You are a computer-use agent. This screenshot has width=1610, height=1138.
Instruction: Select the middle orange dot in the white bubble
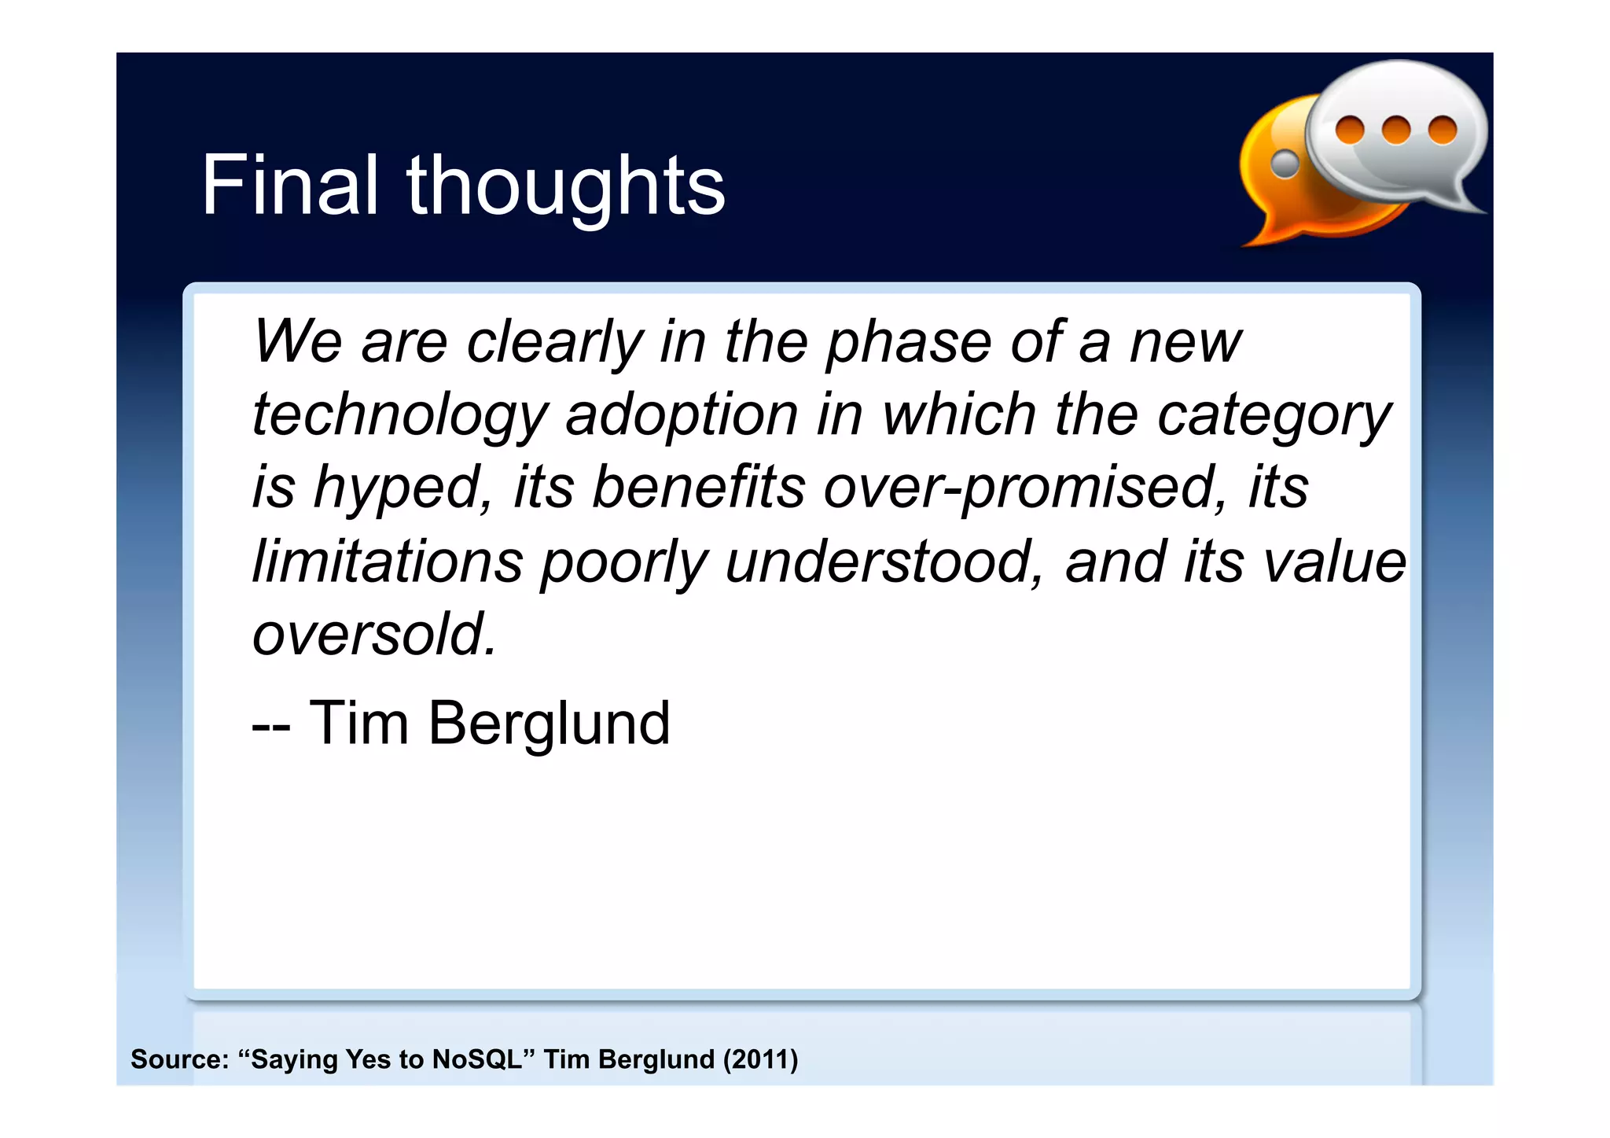click(x=1396, y=130)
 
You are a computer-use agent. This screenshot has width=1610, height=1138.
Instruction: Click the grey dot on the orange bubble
click(x=1285, y=164)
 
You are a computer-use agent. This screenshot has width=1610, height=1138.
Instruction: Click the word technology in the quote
click(x=399, y=416)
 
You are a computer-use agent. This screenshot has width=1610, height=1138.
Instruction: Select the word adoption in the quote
click(x=682, y=414)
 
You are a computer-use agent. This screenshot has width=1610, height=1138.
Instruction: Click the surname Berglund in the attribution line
click(x=549, y=724)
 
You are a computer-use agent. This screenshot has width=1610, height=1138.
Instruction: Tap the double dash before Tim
click(x=270, y=725)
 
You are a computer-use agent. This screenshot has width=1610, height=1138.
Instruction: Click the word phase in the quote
click(x=909, y=343)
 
